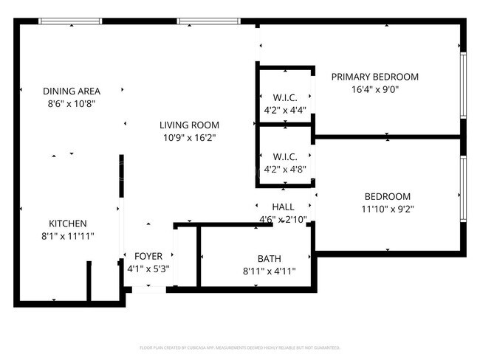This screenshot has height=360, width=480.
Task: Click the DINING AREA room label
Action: pos(71,91)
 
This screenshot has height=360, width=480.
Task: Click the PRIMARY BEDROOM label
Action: pos(374,77)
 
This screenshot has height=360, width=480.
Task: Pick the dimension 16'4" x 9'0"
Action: pos(374,90)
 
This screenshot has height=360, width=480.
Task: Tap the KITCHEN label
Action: pos(68,224)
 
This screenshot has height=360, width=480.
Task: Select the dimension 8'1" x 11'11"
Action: pos(68,236)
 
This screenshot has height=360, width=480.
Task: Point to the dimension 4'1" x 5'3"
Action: pos(148,269)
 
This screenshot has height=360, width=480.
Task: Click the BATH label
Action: pos(269,258)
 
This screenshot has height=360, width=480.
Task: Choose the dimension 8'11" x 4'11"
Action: pos(269,271)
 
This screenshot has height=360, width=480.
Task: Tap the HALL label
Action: pos(284,207)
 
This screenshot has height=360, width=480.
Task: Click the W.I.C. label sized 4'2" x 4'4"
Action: pos(284,98)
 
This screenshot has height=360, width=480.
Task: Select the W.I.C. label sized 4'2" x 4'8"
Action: pos(284,156)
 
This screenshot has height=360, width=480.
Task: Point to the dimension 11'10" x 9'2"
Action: pos(387,209)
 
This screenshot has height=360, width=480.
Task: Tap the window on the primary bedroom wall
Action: pos(462,85)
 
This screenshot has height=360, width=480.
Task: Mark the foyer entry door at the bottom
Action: pos(148,290)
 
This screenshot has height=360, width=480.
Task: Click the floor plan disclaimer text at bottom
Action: pos(240,347)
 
